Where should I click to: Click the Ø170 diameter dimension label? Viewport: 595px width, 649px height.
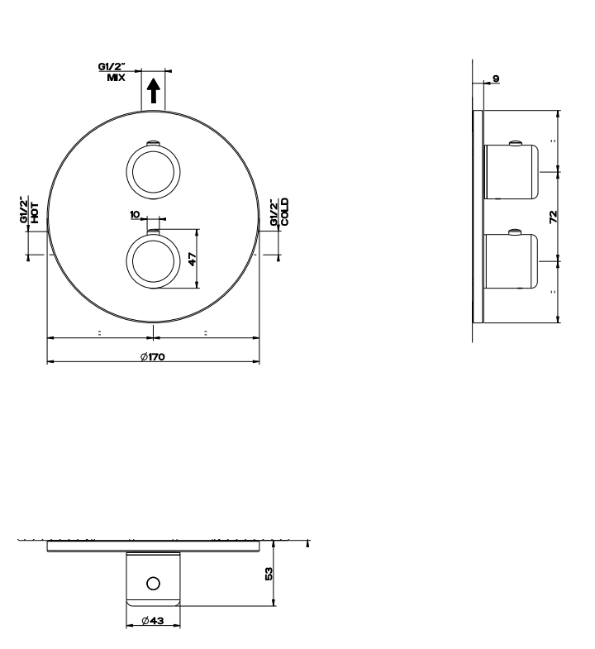pos(153,356)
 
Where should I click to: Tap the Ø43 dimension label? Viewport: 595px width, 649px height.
pos(153,620)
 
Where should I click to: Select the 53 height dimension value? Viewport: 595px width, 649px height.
pos(269,574)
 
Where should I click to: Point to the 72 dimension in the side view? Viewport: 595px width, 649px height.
pos(553,217)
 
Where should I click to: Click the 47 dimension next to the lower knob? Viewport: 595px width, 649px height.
pos(193,259)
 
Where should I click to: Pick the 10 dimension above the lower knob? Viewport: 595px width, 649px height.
pos(135,214)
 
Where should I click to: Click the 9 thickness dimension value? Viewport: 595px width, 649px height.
pos(496,79)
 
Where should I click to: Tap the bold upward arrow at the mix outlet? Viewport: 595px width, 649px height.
pos(154,91)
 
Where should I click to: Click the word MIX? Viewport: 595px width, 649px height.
pos(116,78)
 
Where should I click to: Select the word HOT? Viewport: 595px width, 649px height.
pos(35,212)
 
